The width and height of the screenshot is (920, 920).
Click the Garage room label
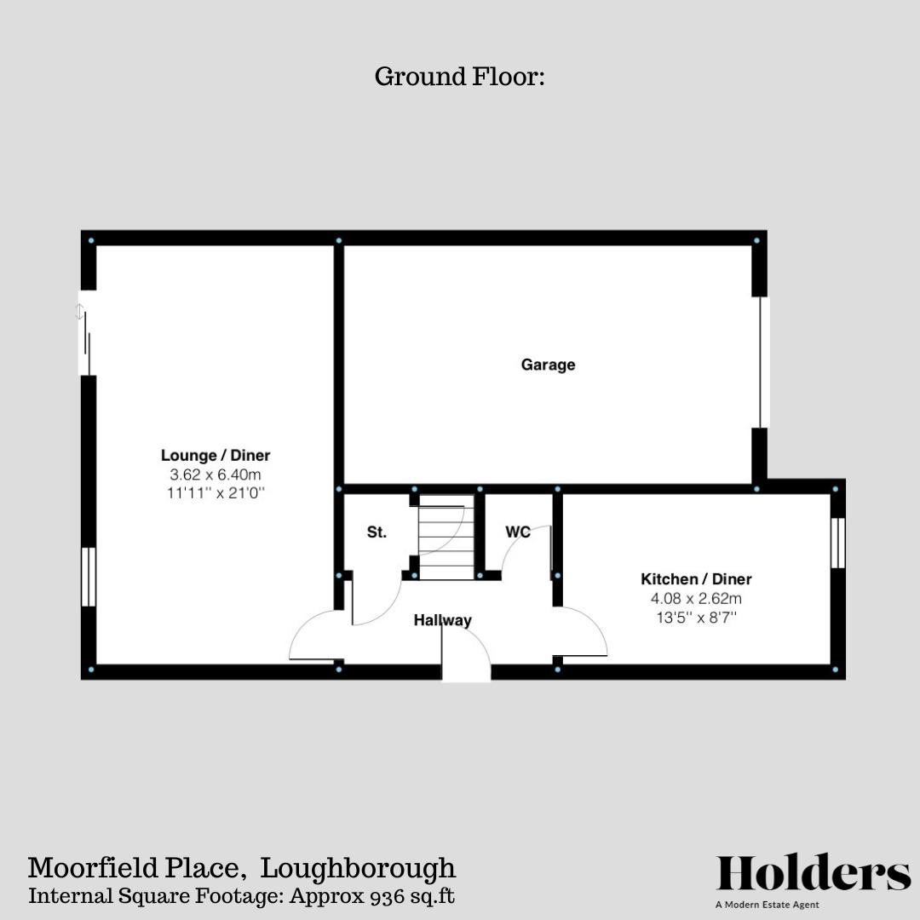click(548, 365)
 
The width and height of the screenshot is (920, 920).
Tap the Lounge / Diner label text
click(216, 456)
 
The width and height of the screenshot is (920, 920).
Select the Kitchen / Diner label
click(696, 579)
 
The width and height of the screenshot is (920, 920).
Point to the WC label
click(518, 532)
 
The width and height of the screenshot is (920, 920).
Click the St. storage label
click(377, 532)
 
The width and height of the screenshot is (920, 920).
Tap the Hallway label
click(442, 620)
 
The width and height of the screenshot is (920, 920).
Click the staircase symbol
click(446, 538)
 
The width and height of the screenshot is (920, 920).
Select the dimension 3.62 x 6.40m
click(216, 474)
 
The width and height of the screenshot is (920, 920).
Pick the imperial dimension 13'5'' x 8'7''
click(696, 617)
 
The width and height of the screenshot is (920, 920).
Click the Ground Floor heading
click(459, 77)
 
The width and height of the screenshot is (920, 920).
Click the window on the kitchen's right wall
click(837, 543)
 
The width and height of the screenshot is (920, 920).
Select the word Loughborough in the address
click(358, 868)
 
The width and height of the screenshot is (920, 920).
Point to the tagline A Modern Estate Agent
click(767, 905)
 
